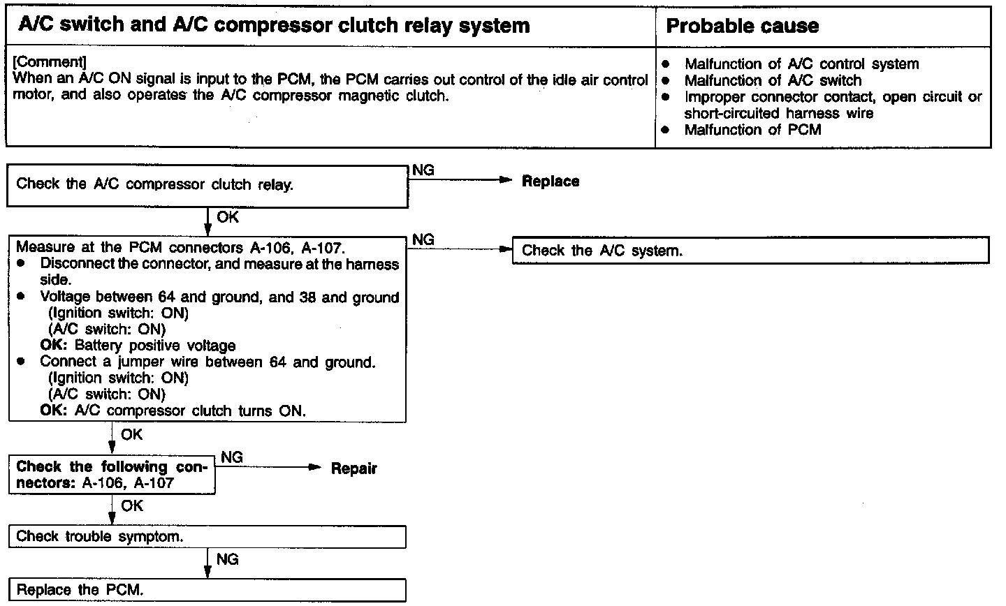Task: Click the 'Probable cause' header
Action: pyautogui.click(x=742, y=27)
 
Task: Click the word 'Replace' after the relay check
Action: pyautogui.click(x=551, y=182)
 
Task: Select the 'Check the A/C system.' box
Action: pyautogui.click(x=750, y=251)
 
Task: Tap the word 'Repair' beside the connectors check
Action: pyautogui.click(x=353, y=468)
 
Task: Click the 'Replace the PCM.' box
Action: pyautogui.click(x=207, y=590)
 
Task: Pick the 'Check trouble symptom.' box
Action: pyautogui.click(x=207, y=537)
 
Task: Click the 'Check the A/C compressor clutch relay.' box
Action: pyautogui.click(x=207, y=186)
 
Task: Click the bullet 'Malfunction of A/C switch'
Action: pyautogui.click(x=773, y=80)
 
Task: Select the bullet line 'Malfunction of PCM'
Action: pyautogui.click(x=752, y=130)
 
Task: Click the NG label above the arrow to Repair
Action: pyautogui.click(x=232, y=457)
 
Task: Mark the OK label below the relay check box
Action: pyautogui.click(x=228, y=217)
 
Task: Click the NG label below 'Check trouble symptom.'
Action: pyautogui.click(x=228, y=559)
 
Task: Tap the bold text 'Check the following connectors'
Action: pyautogui.click(x=111, y=467)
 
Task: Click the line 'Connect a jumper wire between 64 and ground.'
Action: pyautogui.click(x=207, y=362)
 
